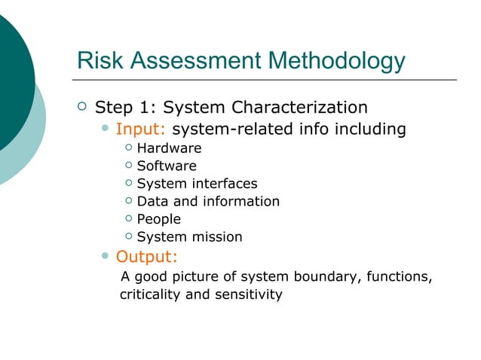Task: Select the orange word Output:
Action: [x=147, y=258]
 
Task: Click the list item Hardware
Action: [x=169, y=148]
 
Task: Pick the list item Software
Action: [x=167, y=166]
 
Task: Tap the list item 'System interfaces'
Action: [x=197, y=184]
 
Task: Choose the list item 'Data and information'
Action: [x=208, y=201]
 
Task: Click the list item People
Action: [x=158, y=219]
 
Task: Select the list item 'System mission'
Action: [x=189, y=237]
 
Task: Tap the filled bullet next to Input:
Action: [x=106, y=130]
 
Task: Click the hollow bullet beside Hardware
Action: [x=129, y=148]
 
